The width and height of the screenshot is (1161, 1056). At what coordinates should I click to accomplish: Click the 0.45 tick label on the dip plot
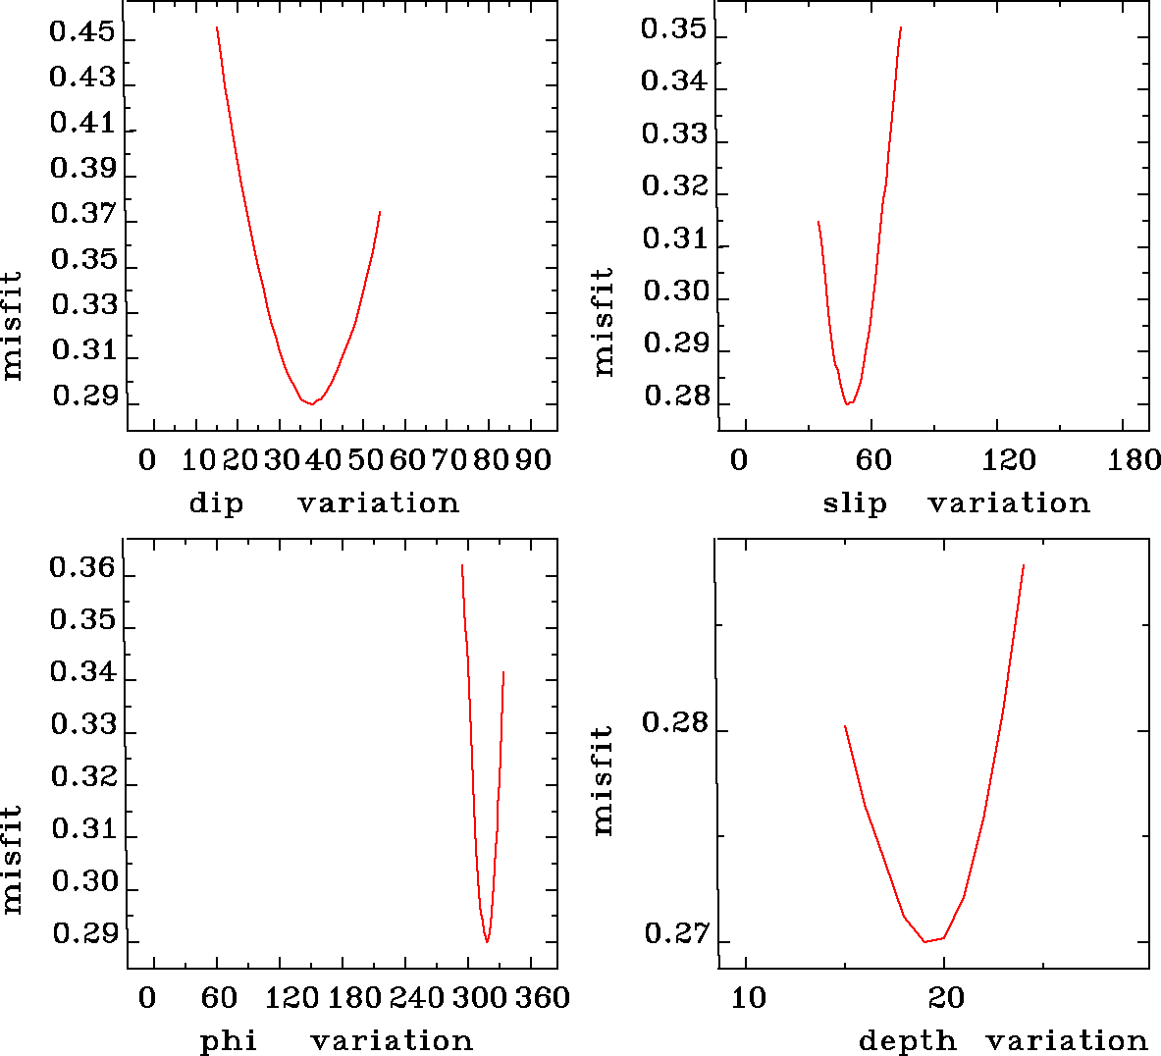point(82,34)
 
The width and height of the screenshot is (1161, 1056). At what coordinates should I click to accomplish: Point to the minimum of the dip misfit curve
point(312,403)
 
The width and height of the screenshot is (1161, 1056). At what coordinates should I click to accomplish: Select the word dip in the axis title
point(216,503)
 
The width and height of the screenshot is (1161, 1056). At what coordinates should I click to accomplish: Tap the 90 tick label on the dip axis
point(534,459)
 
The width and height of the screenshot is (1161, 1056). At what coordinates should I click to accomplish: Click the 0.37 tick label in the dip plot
point(83,214)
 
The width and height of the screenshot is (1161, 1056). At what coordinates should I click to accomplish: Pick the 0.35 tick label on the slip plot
point(673,29)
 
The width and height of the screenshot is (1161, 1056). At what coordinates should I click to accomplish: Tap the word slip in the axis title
point(855,503)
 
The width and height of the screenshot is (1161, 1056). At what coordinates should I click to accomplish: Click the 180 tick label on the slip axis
point(1135,459)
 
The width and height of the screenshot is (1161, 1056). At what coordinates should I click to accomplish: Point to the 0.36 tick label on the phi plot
point(82,568)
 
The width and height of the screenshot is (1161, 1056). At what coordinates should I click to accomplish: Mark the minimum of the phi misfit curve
point(487,942)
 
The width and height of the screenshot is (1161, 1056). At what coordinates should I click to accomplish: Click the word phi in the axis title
point(229,1040)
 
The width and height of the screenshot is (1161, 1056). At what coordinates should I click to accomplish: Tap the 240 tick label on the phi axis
point(418,998)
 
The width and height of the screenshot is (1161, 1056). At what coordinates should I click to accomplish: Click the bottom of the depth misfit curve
point(924,942)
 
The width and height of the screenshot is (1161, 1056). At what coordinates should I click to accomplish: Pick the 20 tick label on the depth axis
point(946,998)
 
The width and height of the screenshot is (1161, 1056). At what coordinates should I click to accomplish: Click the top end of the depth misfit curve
point(1024,565)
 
